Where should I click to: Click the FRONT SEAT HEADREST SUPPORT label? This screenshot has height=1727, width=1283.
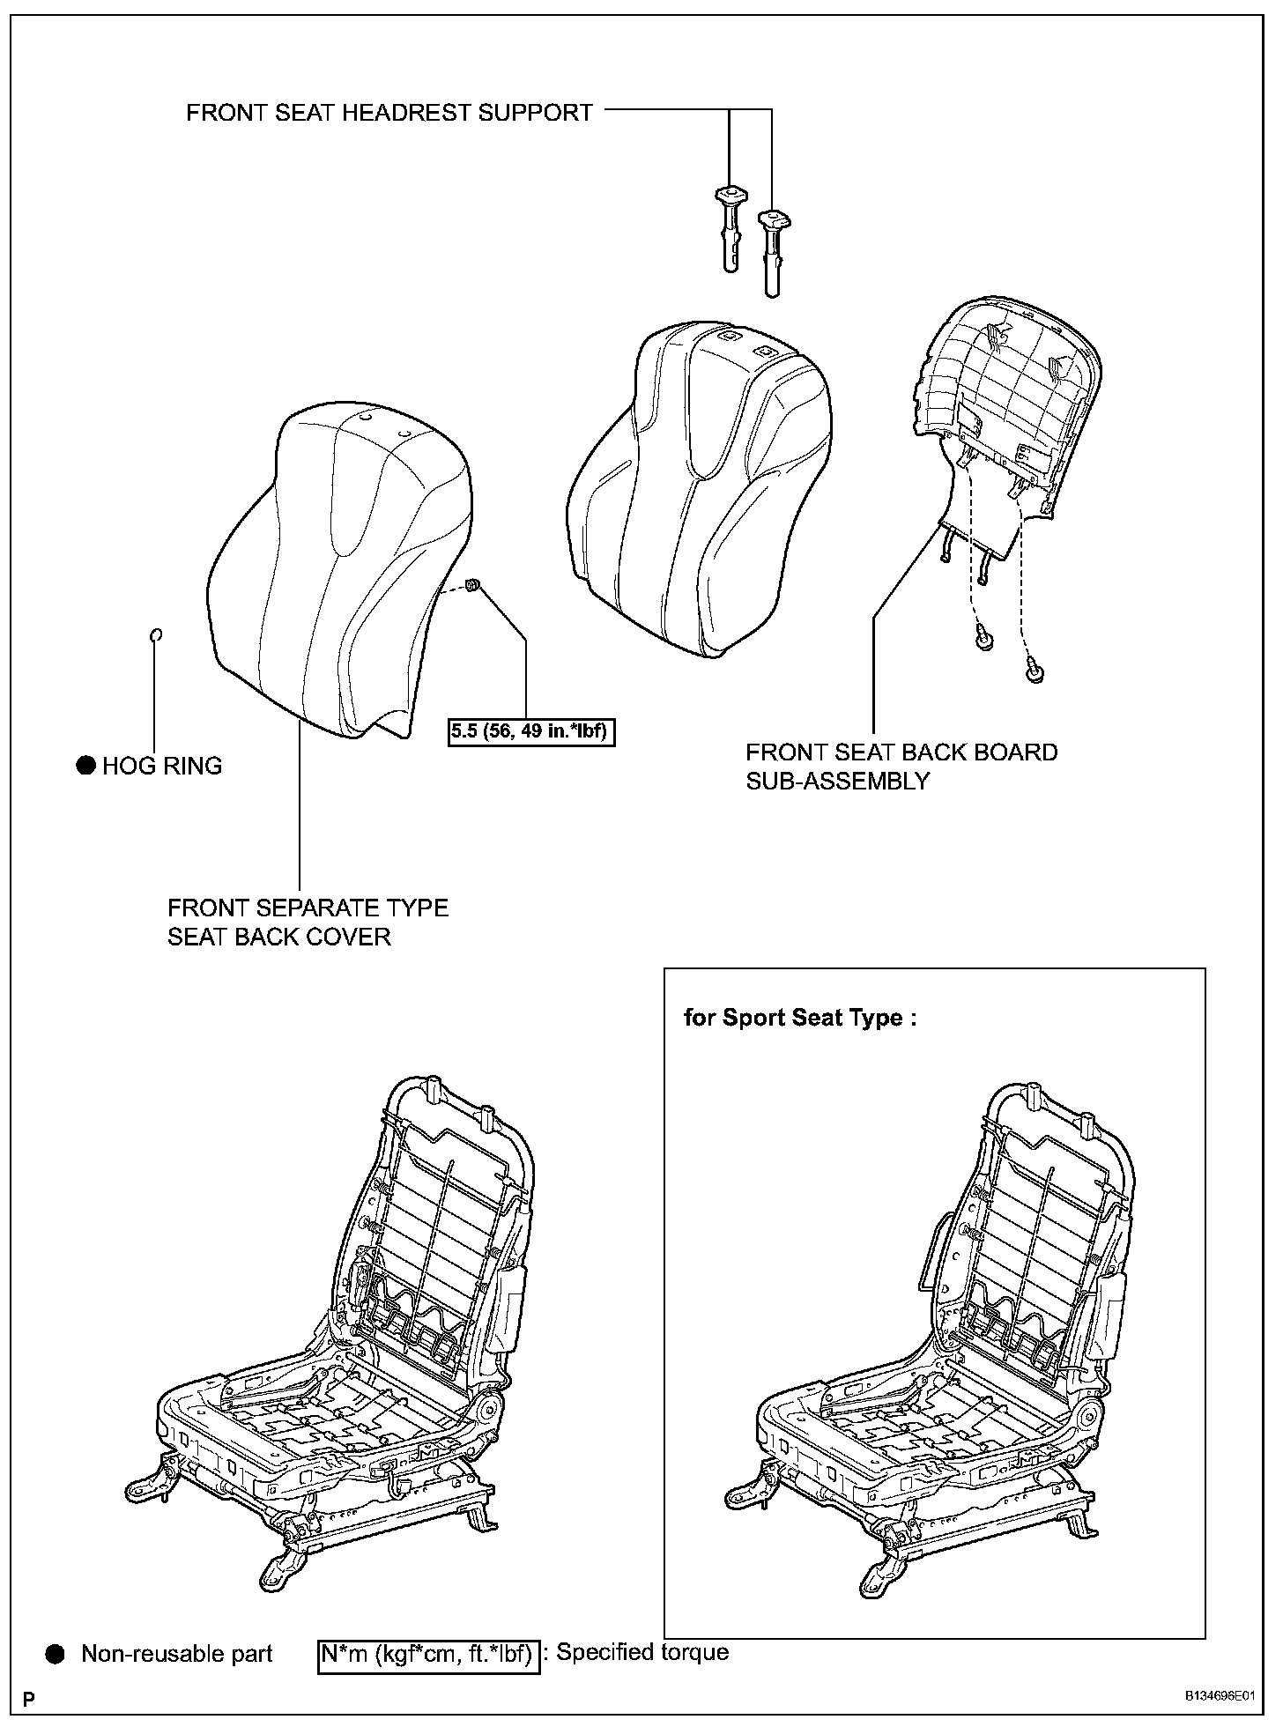point(389,113)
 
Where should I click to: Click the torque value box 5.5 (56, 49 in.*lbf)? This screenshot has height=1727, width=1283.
point(531,731)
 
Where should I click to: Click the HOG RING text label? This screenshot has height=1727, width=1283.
point(162,766)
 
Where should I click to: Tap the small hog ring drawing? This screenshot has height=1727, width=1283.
point(155,635)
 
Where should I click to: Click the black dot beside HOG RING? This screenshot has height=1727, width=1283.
point(85,766)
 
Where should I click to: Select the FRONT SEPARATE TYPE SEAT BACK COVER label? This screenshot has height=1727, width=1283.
point(308,922)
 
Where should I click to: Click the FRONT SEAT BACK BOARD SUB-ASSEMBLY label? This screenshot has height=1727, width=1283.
point(901,767)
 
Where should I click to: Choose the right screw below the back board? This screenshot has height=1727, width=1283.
point(1036,673)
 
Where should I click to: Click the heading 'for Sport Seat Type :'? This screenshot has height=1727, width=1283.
point(800,1018)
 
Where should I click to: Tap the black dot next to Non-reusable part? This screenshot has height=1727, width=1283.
point(56,1654)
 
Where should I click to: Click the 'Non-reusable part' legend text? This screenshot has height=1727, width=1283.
point(177,1654)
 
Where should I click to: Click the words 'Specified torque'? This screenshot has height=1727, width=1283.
point(642,1652)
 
